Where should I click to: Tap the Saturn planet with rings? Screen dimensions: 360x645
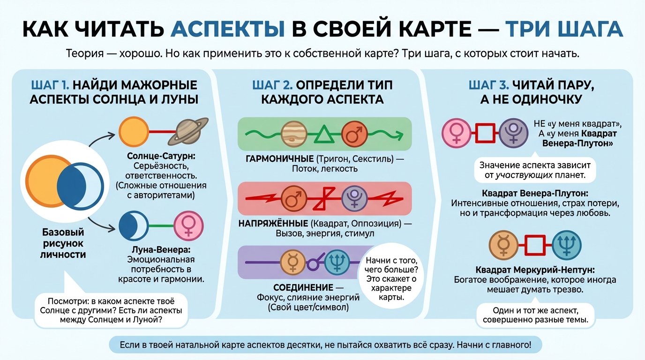(189, 131)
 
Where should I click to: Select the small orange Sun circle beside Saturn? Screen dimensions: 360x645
(133, 131)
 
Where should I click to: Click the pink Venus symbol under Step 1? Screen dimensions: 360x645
(188, 226)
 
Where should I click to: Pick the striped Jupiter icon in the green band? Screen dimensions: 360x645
(293, 134)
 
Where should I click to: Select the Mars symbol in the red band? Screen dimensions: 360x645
(293, 198)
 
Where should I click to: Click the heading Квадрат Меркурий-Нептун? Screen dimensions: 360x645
(535, 270)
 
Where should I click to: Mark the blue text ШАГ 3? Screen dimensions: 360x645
(488, 85)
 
